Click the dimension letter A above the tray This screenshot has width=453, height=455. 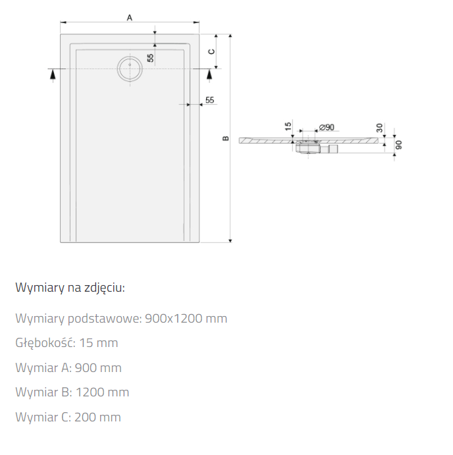(x=130, y=18)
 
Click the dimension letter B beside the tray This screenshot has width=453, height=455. (x=225, y=138)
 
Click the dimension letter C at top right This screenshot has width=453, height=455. (x=212, y=51)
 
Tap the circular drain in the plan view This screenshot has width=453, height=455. (x=130, y=68)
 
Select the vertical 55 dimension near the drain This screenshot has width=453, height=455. (x=150, y=58)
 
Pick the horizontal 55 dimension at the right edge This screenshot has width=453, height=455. (x=209, y=100)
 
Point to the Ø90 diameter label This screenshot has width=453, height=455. (x=327, y=127)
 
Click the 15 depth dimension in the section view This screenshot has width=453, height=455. (x=288, y=126)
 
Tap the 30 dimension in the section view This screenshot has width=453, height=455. (x=379, y=128)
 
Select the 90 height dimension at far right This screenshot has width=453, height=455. (x=399, y=145)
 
